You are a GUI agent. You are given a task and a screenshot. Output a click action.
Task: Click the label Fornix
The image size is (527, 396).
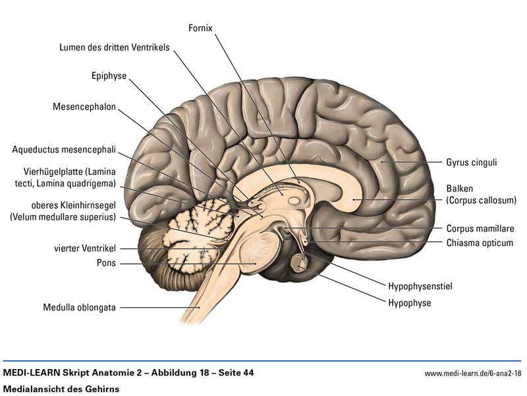pos(200,28)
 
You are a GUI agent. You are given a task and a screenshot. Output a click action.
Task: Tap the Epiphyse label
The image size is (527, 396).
pos(109,76)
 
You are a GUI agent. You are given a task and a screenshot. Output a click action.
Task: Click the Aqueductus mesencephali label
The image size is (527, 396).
pos(64,150)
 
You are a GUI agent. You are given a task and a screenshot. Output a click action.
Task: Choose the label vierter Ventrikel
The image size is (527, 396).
pos(85,249)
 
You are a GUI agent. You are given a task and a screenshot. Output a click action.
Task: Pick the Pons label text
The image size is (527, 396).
pos(106,264)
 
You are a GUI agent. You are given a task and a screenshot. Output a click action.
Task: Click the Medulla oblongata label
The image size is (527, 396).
pos(80,307)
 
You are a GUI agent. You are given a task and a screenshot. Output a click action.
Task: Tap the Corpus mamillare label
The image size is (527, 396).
pos(480,229)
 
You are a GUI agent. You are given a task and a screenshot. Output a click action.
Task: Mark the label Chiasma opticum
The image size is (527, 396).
pos(479,243)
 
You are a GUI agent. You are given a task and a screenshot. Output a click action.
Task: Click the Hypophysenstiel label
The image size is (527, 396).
pos(420,286)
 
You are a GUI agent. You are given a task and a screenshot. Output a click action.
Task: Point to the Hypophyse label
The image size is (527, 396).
pos(410,303)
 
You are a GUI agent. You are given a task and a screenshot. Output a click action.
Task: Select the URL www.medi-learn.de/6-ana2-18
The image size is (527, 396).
pos(472,374)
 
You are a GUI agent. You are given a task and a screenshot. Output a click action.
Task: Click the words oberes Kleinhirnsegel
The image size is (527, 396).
pos(74,205)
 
